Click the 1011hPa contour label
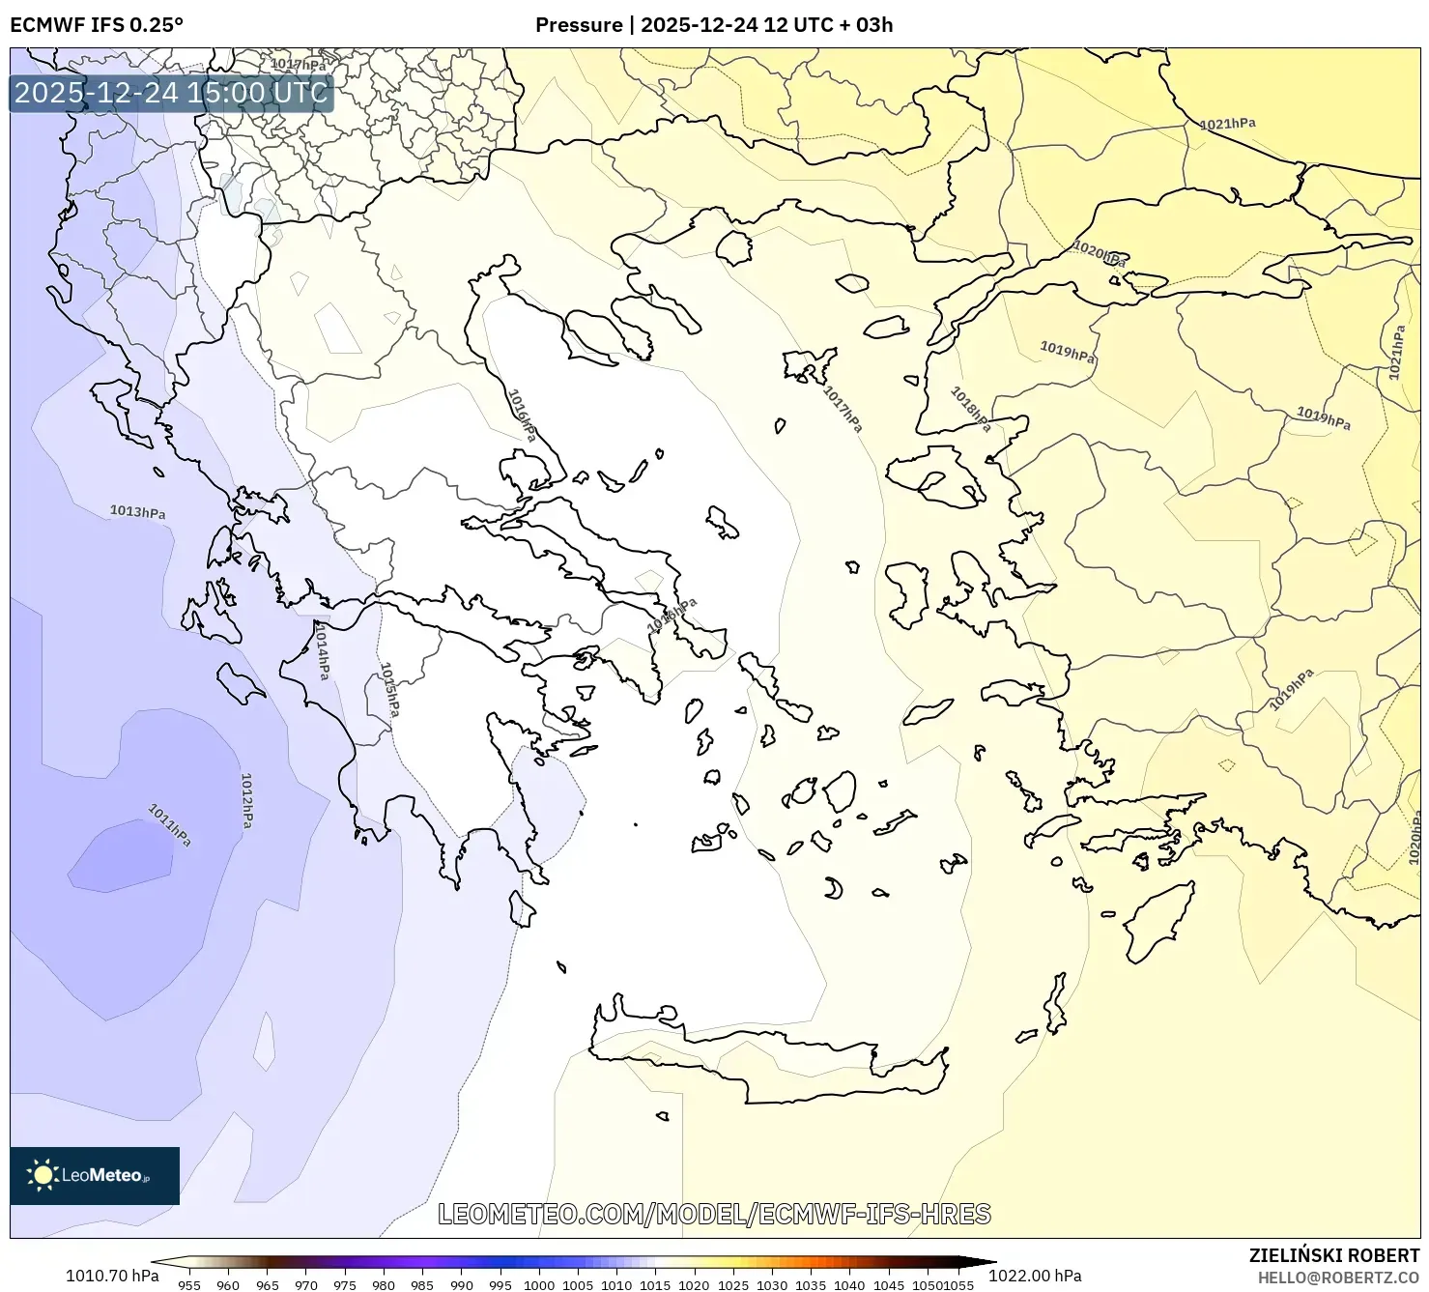point(169,824)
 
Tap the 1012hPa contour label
point(246,800)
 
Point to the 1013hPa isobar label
point(137,511)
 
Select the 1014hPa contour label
point(322,649)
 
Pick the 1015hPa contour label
point(389,689)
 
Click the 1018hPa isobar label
point(970,409)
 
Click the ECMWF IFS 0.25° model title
point(97,25)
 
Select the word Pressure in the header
point(579,25)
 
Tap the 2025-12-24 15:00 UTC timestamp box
point(171,93)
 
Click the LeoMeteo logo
point(95,1175)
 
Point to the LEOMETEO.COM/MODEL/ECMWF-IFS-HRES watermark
point(714,1214)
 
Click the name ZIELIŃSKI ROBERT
point(1334,1255)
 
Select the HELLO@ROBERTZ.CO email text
point(1338,1278)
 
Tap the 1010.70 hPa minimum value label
point(112,1276)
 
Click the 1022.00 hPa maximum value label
point(1035,1276)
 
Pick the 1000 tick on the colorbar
point(539,1285)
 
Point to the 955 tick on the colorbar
point(189,1285)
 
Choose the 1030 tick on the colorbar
point(772,1285)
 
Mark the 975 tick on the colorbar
point(345,1285)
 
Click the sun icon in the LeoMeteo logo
point(43,1175)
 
